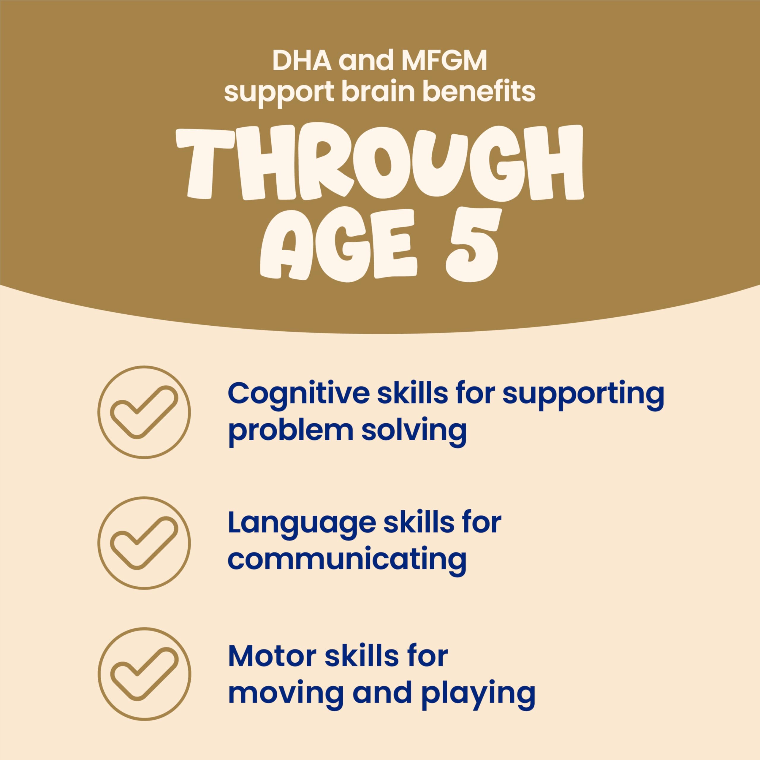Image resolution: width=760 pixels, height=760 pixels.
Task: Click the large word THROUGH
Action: coord(380,163)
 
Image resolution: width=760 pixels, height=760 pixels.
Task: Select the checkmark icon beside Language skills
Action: coord(144,543)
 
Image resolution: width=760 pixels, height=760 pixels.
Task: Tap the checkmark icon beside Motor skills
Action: coord(144,674)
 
